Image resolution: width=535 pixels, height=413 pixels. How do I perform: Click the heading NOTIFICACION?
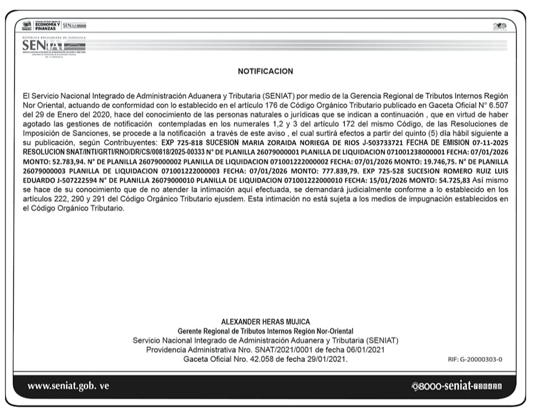pos(265,71)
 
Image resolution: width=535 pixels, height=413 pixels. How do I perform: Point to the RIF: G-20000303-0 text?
pos(475,359)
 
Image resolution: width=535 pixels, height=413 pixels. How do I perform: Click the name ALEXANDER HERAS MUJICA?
pos(265,322)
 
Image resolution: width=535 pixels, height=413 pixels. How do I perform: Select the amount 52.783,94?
pos(72,161)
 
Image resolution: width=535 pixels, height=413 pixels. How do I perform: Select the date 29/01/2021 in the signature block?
pos(328,359)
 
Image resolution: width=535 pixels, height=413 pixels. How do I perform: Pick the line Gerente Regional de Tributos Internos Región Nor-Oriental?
pos(265,331)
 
